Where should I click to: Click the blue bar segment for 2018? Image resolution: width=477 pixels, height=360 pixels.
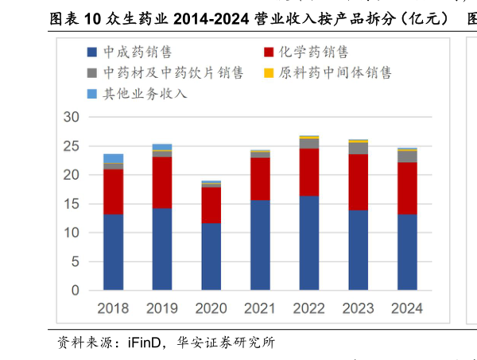[113, 252]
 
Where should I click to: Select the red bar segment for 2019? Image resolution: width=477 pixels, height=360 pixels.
[162, 182]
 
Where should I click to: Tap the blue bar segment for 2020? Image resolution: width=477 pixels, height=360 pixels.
[211, 257]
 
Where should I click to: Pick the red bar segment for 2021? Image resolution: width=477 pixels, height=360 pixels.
[260, 178]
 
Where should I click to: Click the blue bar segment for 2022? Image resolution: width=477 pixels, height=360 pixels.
[309, 242]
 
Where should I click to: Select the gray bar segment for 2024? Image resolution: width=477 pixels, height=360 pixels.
[407, 156]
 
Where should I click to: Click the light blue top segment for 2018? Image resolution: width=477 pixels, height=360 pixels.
[113, 158]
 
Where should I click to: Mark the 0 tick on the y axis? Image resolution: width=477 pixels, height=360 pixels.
[76, 291]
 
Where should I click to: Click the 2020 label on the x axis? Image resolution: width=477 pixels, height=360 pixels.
[211, 308]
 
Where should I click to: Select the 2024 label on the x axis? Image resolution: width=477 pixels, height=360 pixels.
[407, 308]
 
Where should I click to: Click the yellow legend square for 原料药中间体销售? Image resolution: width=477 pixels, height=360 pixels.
[269, 73]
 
